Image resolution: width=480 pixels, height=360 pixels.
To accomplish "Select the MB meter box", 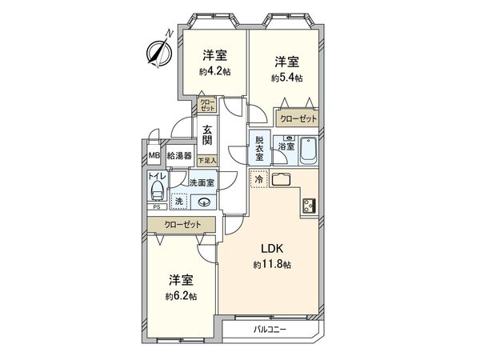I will (154, 157).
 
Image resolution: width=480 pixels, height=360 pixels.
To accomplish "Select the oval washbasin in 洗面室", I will (205, 202).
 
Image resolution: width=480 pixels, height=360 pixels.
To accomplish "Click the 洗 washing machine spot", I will (179, 202).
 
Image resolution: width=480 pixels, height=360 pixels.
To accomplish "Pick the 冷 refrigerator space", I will (258, 179).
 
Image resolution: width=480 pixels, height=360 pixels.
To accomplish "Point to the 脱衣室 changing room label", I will (259, 146).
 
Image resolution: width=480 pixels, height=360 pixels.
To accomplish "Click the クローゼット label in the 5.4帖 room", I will (298, 118).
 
